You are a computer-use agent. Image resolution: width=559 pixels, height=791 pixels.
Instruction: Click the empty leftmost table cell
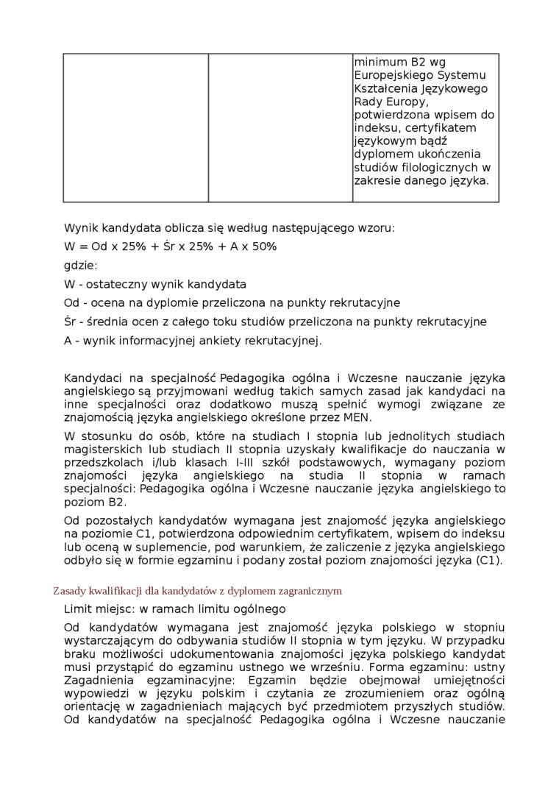pos(135,127)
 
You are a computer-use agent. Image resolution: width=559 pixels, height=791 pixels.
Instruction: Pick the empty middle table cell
pos(280,127)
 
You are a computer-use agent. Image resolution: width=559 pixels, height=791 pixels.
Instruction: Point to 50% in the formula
pos(265,246)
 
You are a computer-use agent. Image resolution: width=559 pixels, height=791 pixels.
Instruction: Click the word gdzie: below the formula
pos(81,265)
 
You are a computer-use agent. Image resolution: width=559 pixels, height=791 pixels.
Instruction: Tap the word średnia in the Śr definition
pos(107,322)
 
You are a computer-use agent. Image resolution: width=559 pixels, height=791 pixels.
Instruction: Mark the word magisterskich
pos(100,449)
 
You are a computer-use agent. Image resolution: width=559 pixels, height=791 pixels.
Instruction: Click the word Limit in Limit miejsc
pos(78,609)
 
